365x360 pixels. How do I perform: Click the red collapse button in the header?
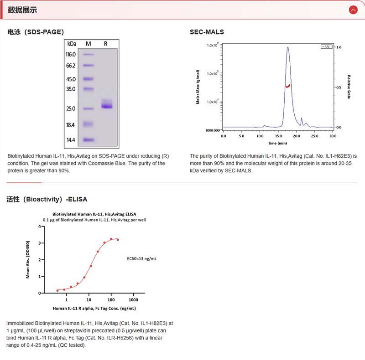(x=352, y=10)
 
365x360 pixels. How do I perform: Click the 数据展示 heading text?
(x=22, y=10)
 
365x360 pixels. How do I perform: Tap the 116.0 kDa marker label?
(x=70, y=54)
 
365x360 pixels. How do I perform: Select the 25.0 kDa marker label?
(x=70, y=108)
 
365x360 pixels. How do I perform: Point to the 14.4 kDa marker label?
(x=70, y=140)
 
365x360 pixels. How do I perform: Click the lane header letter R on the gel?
(x=105, y=44)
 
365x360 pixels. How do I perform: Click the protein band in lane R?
(x=106, y=106)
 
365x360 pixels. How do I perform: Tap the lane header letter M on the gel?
(x=89, y=44)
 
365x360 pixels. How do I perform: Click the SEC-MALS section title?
(x=207, y=32)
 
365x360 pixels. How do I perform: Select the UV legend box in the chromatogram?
(x=326, y=47)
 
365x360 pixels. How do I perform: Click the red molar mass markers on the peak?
(x=288, y=86)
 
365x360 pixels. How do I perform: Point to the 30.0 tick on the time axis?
(x=333, y=136)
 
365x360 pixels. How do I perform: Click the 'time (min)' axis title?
(x=278, y=143)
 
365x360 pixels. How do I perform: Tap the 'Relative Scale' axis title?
(x=349, y=87)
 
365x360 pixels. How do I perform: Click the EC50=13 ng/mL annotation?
(x=142, y=258)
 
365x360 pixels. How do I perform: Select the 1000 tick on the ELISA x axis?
(x=133, y=300)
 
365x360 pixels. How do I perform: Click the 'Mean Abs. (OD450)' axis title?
(x=28, y=260)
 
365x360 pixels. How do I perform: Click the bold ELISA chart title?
(x=94, y=214)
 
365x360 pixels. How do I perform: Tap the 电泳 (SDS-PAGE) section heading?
(x=36, y=32)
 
